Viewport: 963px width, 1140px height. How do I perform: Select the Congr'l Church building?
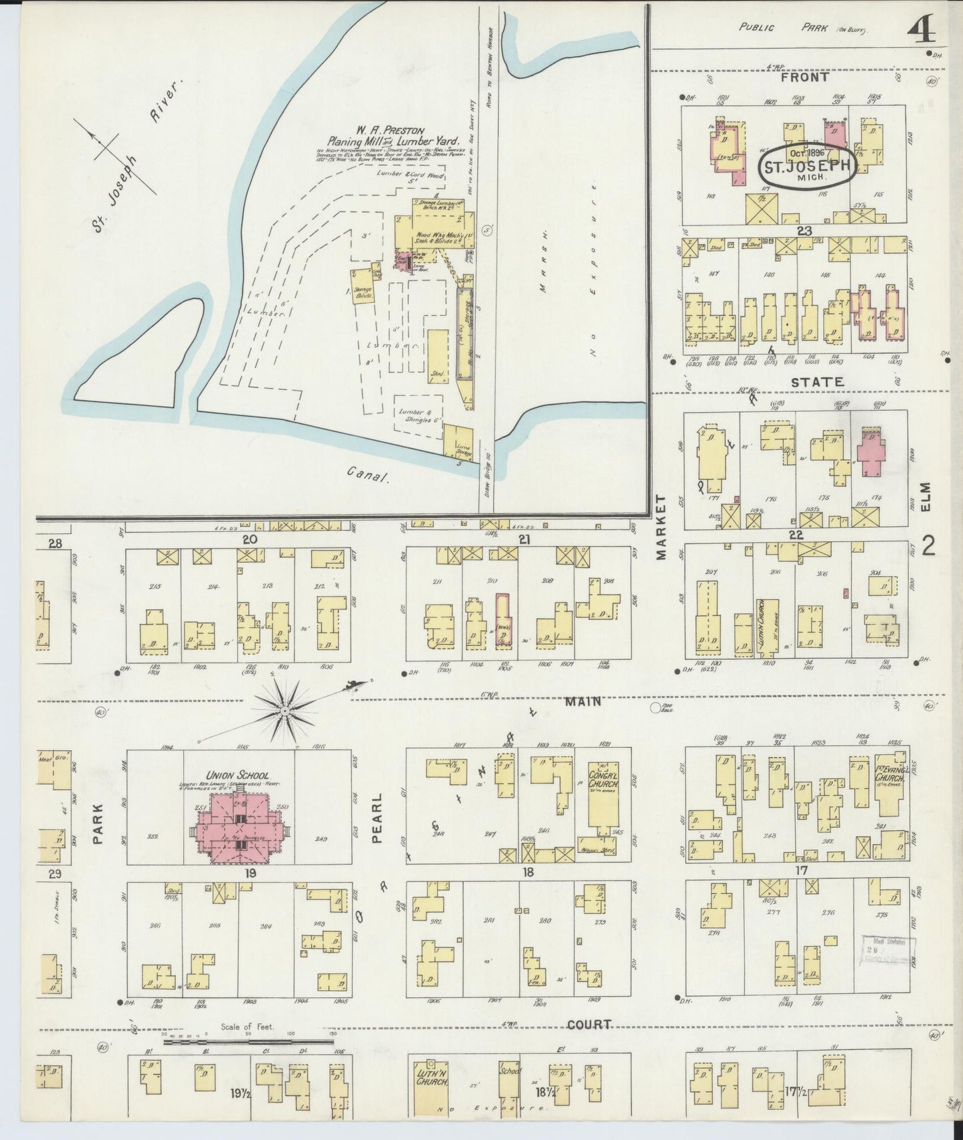coord(602,798)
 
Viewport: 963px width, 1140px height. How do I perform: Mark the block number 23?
coord(803,231)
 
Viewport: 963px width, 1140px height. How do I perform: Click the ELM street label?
coord(928,497)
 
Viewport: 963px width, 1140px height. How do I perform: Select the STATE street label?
coord(818,383)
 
